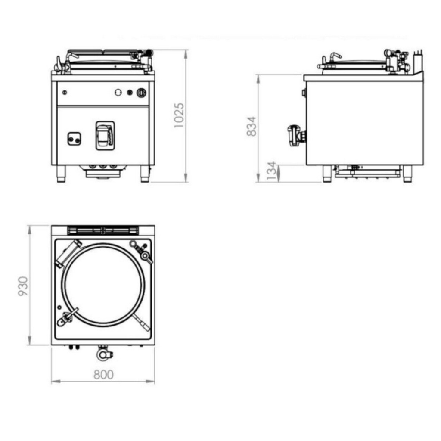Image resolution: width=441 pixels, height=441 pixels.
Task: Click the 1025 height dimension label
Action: (x=179, y=115)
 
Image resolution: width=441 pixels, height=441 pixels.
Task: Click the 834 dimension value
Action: (x=252, y=126)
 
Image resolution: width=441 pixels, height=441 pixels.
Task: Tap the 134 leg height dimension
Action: (x=272, y=171)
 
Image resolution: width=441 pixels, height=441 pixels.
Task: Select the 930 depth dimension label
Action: (x=23, y=286)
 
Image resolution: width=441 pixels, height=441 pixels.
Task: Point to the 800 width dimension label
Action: (x=103, y=375)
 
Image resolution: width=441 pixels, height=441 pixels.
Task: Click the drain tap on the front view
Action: (x=105, y=136)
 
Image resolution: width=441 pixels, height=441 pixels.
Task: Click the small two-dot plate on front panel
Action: (x=74, y=139)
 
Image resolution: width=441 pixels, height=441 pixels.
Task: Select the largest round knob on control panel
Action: (x=141, y=93)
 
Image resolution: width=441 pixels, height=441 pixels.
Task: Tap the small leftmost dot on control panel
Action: (x=65, y=92)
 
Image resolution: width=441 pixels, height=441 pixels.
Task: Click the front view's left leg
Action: (x=61, y=174)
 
